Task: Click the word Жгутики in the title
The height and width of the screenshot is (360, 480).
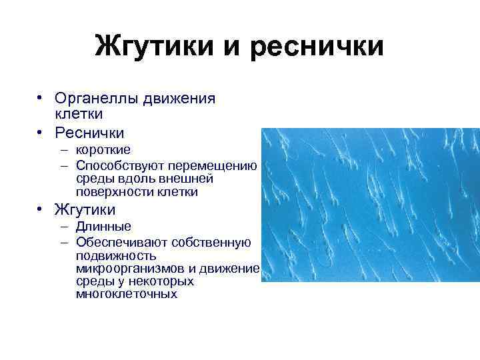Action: [x=153, y=47]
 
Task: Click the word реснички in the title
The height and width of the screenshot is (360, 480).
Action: [x=321, y=47]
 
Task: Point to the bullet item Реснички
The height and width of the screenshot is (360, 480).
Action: [x=89, y=133]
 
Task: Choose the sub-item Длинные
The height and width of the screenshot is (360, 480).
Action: [x=103, y=227]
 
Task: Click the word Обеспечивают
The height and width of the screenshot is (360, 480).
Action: [x=120, y=241]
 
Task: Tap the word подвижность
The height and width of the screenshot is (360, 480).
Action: [x=116, y=255]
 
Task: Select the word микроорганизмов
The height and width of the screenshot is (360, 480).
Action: [x=129, y=268]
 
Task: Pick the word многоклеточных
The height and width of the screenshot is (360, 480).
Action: [x=127, y=294]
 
